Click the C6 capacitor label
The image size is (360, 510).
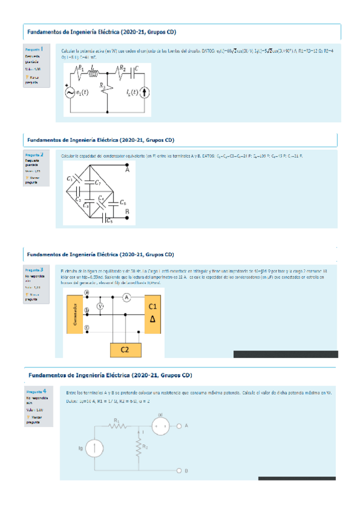[123, 203]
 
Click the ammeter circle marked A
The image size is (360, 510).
[127, 297]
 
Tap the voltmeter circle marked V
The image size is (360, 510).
[100, 306]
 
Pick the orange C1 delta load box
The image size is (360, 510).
[152, 313]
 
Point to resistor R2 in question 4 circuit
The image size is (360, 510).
[139, 446]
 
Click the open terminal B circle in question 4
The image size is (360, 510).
[179, 470]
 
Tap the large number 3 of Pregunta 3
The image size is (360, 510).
[41, 270]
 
